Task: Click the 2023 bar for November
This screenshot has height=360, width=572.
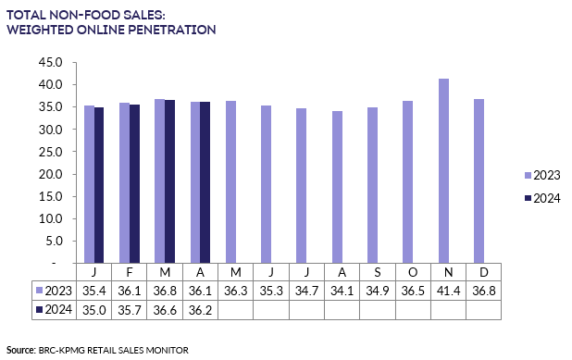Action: click(442, 170)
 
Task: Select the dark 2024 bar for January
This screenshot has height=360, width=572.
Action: click(99, 185)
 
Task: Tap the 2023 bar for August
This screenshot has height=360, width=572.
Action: click(337, 187)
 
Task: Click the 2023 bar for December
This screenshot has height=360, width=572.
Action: click(478, 180)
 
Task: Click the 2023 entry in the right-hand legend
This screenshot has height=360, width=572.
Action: click(541, 175)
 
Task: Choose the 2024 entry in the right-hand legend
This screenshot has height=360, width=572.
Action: click(541, 198)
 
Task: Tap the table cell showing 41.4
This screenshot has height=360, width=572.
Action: click(448, 291)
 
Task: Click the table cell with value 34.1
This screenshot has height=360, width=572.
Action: click(342, 291)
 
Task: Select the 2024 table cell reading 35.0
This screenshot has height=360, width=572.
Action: click(93, 310)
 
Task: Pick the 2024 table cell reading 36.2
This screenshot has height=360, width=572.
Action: click(199, 310)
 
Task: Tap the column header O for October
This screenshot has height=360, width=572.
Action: click(413, 272)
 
